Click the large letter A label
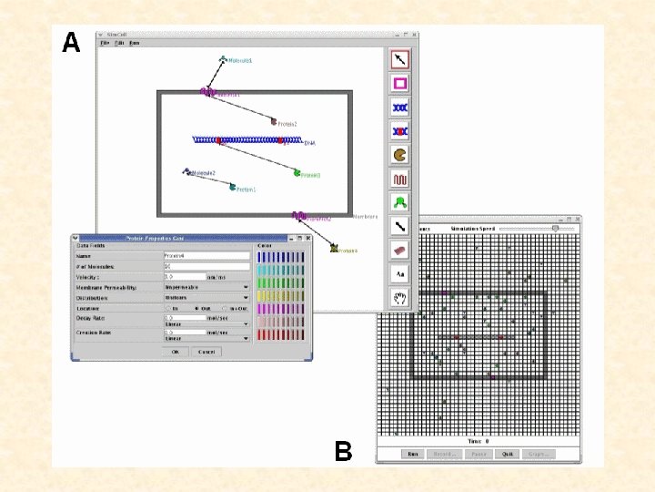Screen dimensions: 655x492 (x=71, y=43)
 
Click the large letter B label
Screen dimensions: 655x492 (x=343, y=450)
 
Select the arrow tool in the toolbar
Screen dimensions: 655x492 (x=400, y=59)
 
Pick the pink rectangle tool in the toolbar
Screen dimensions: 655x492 (x=400, y=83)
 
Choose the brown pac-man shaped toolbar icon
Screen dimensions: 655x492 (x=400, y=155)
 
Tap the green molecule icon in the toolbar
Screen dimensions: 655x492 (x=400, y=202)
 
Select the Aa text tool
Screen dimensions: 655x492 (x=400, y=273)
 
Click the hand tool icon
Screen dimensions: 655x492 (x=400, y=297)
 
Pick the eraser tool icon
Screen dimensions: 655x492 (x=400, y=250)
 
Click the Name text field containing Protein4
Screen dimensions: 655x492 (x=206, y=256)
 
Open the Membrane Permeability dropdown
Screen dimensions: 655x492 (x=206, y=287)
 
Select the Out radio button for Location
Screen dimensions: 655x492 (x=196, y=308)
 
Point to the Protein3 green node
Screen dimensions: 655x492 (x=297, y=171)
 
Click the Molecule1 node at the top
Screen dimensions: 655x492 (x=223, y=60)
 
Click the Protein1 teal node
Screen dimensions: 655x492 (x=233, y=186)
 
